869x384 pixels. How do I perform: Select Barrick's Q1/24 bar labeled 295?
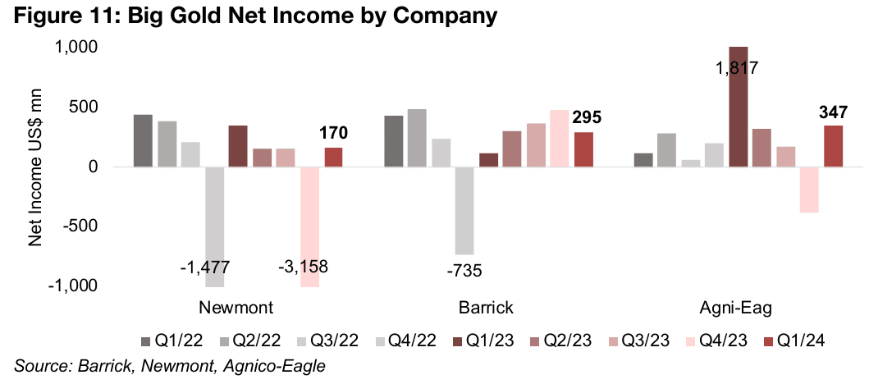coord(583,149)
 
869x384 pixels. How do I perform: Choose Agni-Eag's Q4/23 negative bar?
coord(809,190)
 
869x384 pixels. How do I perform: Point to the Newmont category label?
coord(236,309)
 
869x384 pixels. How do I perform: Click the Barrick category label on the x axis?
coord(486,309)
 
